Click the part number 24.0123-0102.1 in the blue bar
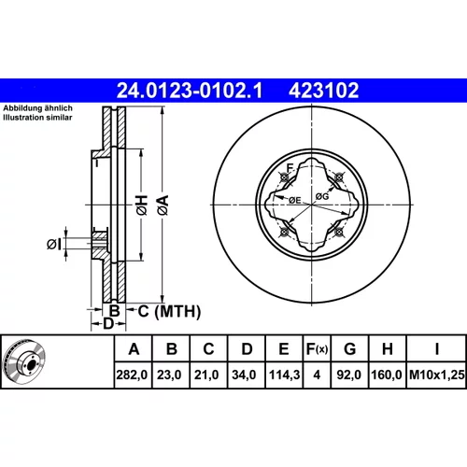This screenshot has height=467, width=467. pos(190,91)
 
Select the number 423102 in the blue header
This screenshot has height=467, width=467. pos(324,91)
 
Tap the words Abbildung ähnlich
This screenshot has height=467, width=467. pos(37,108)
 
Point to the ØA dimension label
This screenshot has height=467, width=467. pos(163,205)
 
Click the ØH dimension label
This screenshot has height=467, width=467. pos(142,205)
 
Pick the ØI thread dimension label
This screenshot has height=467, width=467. pos(54,244)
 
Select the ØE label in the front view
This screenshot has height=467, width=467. pos(295,200)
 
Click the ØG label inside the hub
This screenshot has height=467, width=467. pos(322,196)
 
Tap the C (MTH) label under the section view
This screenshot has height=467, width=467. pos(169,311)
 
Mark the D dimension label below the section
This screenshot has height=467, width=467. pos(108,324)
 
